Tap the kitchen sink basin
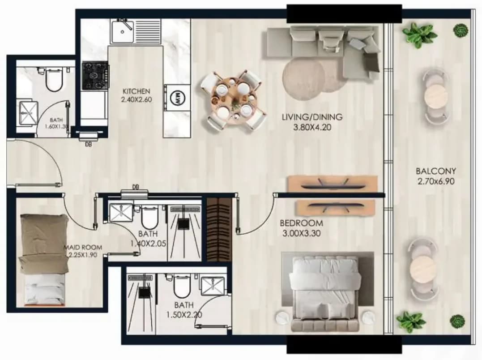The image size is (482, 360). tap(123, 31)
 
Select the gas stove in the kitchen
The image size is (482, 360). tap(95, 76)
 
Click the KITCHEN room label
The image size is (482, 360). tap(136, 91)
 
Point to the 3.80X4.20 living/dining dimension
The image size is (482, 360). tap(312, 127)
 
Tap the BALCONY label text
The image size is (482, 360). tap(436, 171)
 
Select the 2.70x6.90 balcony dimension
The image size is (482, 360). tap(436, 181)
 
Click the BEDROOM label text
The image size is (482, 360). tap(301, 223)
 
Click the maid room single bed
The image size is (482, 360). tap(44, 260)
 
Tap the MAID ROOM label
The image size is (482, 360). tap(83, 247)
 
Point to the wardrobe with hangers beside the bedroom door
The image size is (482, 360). tap(219, 229)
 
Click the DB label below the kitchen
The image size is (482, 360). tap(88, 144)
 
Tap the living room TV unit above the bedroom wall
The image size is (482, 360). tap(333, 184)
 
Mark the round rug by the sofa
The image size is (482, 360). tap(303, 78)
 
